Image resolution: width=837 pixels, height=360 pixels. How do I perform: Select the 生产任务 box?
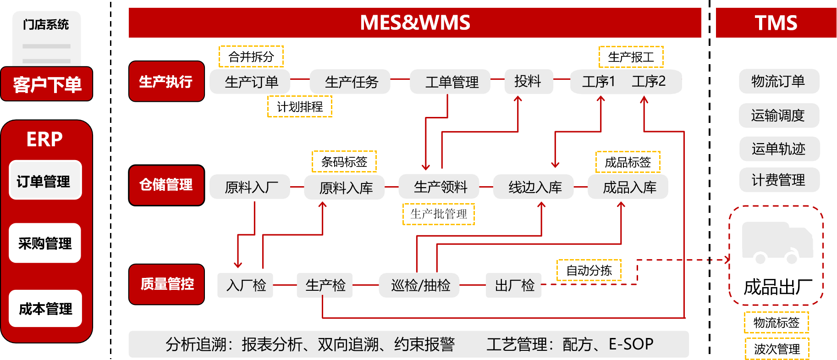(350, 82)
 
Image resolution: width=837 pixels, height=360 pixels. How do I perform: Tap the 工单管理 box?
(450, 82)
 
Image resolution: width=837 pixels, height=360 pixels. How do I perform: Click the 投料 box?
(529, 82)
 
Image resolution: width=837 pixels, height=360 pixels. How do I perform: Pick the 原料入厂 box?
(250, 187)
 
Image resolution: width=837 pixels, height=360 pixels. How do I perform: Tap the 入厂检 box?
(245, 285)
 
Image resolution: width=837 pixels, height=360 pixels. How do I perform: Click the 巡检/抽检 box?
(419, 285)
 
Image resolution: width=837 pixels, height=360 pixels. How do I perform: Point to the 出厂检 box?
(514, 285)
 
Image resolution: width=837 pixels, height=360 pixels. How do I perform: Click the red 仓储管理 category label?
(166, 185)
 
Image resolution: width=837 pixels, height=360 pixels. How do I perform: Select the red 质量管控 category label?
(166, 284)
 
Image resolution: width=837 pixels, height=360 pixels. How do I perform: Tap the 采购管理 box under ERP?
(45, 243)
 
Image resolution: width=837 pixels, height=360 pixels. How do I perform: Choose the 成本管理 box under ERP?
(45, 309)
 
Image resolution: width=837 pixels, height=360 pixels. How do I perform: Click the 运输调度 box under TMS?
(779, 116)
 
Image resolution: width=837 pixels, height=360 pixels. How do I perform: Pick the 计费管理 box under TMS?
(779, 180)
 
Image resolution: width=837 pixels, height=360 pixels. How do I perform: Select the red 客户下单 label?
(47, 84)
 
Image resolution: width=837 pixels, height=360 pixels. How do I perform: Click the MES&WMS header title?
(415, 22)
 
